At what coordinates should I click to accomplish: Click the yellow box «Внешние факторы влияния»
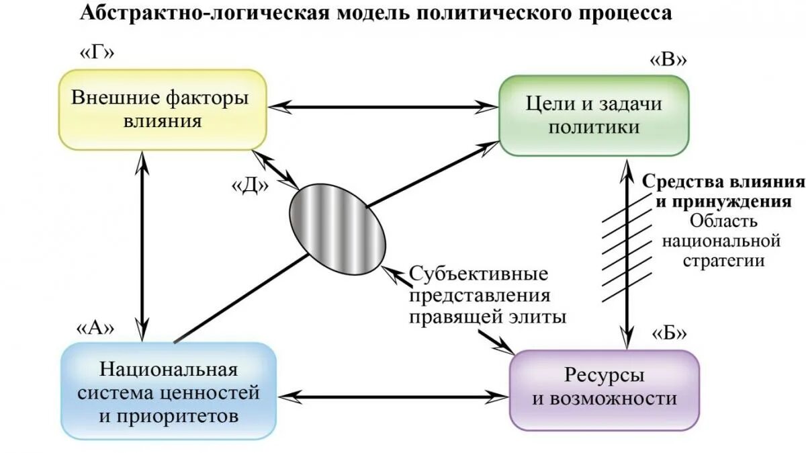tap(162, 109)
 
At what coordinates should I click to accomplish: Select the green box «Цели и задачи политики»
tap(594, 116)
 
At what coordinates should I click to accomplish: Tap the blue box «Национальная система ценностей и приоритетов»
tap(169, 393)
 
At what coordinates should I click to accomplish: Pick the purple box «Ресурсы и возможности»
tap(604, 388)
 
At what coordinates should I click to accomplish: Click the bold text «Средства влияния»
tap(723, 182)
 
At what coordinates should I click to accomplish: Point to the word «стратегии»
tap(724, 260)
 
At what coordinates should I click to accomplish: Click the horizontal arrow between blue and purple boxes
tap(392, 397)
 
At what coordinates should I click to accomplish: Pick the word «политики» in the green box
tap(594, 127)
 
